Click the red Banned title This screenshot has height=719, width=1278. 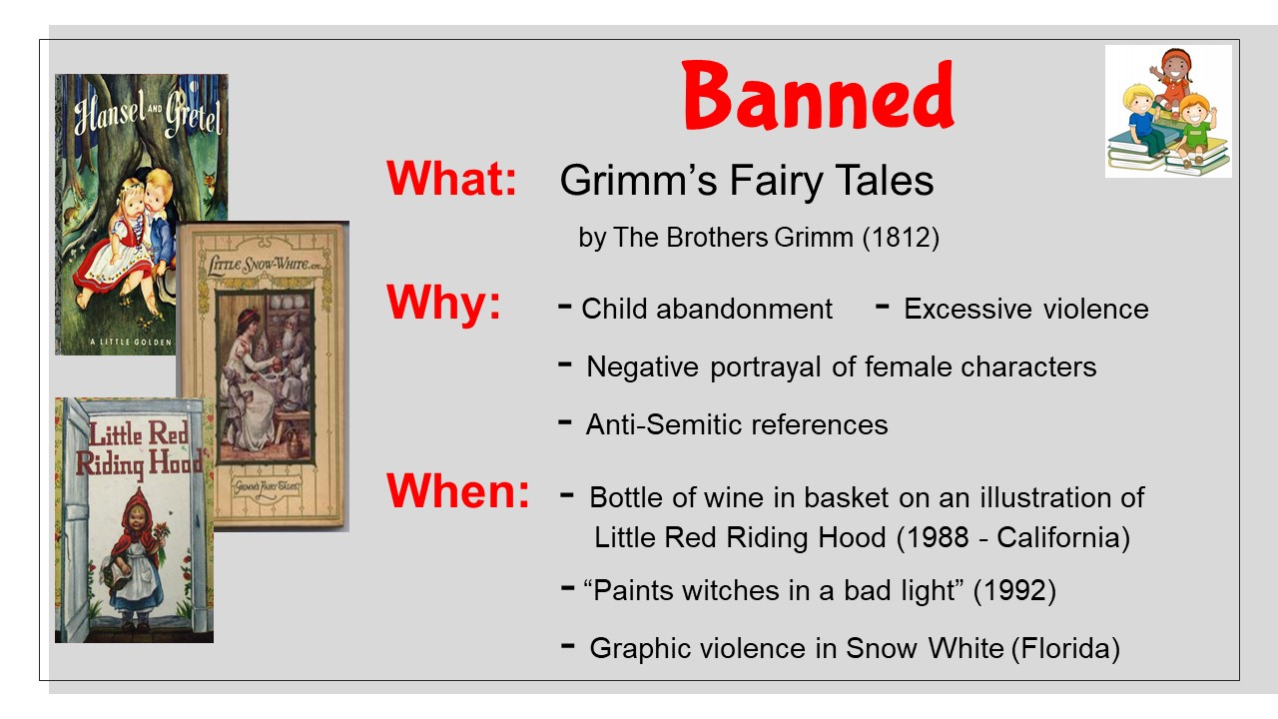[818, 95]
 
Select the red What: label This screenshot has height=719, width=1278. [451, 179]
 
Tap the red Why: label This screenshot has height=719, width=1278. [443, 303]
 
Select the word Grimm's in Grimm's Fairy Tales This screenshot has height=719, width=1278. [638, 181]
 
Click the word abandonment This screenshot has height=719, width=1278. [744, 309]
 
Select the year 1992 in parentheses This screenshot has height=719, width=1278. [1014, 590]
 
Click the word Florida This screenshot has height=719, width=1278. [1065, 648]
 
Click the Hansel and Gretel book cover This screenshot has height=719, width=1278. [142, 214]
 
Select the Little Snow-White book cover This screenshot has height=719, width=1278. [263, 376]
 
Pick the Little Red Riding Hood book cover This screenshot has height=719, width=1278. [134, 520]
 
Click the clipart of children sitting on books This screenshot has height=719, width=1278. [1168, 111]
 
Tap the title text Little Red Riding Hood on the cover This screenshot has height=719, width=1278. [139, 448]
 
